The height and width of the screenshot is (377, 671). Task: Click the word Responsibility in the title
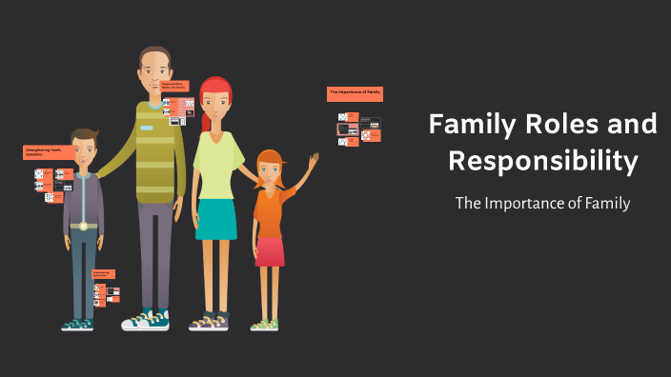pyautogui.click(x=543, y=161)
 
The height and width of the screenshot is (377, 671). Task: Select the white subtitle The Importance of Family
pyautogui.click(x=543, y=203)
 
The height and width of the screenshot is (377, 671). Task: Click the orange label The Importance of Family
pyautogui.click(x=355, y=93)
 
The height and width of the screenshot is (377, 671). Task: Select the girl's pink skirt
pyautogui.click(x=271, y=251)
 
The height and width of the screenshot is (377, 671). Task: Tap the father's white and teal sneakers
pyautogui.click(x=145, y=321)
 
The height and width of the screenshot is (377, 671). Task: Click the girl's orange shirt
pyautogui.click(x=271, y=210)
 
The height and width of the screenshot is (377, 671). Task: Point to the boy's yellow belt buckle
pyautogui.click(x=83, y=226)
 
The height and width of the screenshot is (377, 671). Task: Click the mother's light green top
pyautogui.click(x=217, y=158)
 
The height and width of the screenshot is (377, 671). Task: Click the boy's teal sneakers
pyautogui.click(x=77, y=325)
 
